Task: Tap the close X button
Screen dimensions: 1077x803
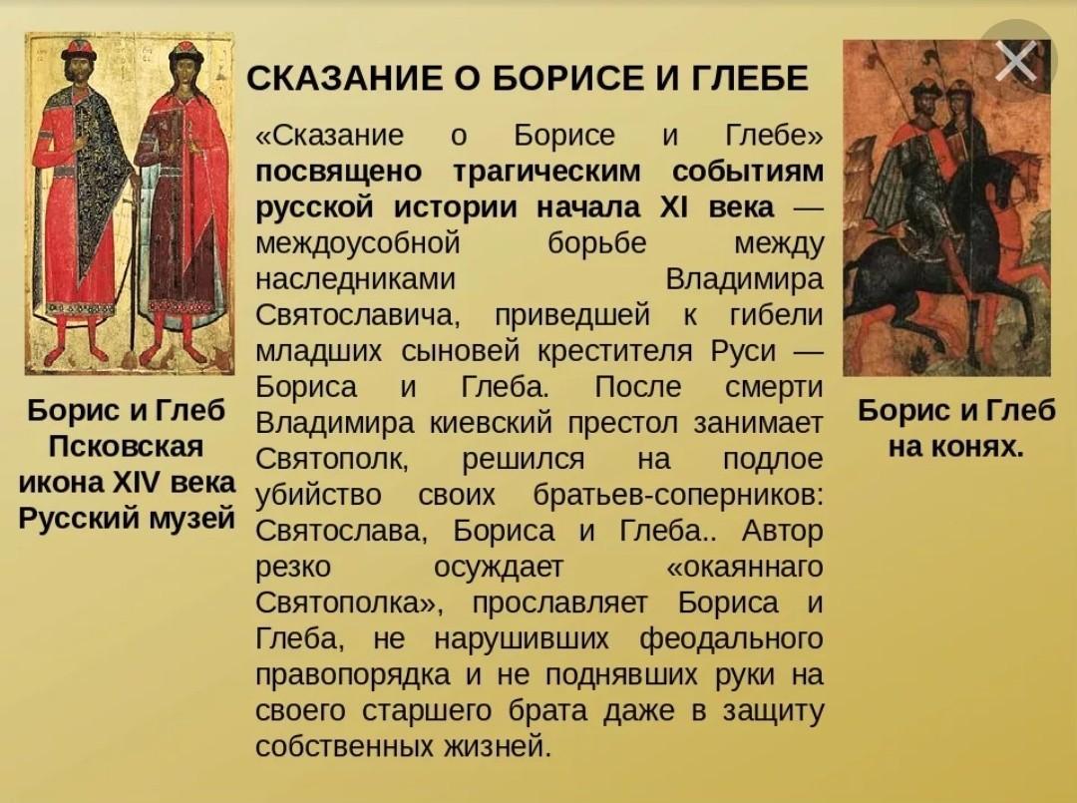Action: (1016, 61)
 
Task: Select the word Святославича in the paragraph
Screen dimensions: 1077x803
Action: (355, 315)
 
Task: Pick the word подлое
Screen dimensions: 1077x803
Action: (772, 460)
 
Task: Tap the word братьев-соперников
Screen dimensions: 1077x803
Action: (677, 495)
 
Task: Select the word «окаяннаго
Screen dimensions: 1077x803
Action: (745, 568)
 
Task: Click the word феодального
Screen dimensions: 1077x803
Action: (731, 639)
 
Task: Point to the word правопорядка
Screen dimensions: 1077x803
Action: (353, 675)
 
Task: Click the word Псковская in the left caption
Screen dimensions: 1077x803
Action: (127, 447)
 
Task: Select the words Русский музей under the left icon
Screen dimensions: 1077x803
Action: (127, 518)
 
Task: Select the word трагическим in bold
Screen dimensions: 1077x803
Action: (546, 172)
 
